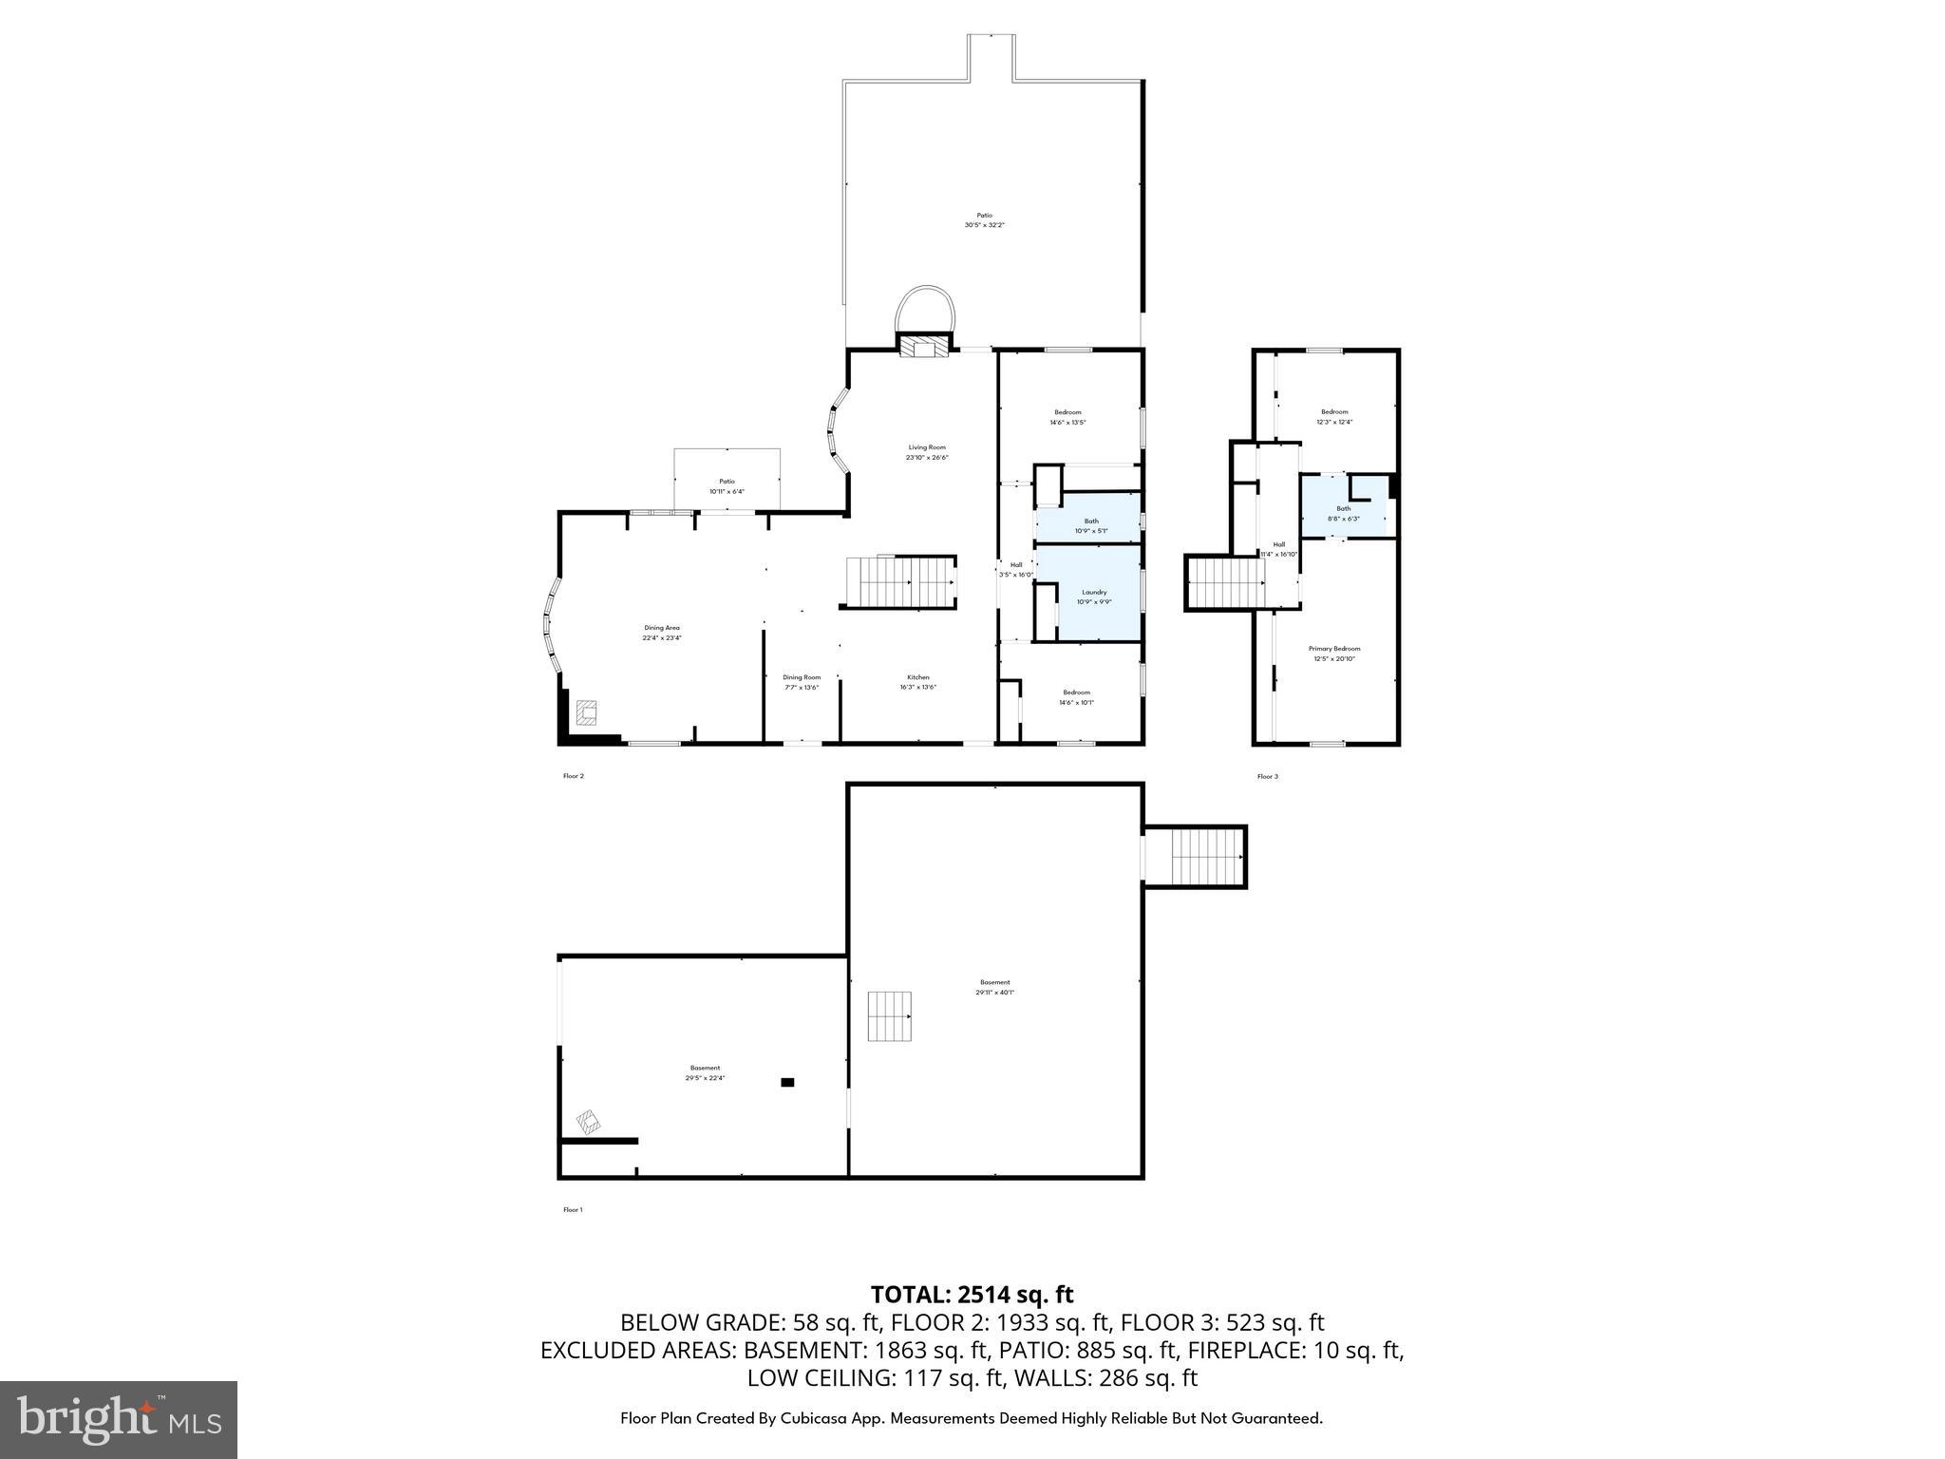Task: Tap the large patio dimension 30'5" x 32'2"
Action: point(984,225)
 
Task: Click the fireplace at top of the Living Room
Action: point(924,347)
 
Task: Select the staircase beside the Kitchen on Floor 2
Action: point(900,582)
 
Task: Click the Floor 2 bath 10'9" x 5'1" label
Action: point(1091,525)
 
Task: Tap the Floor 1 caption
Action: point(573,1210)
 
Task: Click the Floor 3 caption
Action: point(1267,777)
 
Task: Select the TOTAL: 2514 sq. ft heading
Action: point(972,1295)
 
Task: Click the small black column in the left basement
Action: point(786,1082)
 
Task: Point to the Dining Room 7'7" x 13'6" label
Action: point(801,682)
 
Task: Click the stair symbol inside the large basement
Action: point(890,1016)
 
